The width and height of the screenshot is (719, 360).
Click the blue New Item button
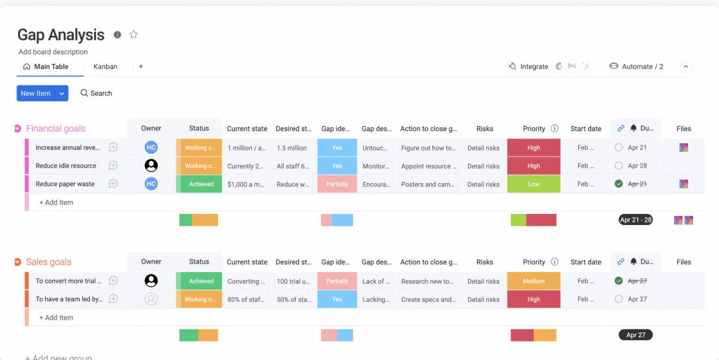click(x=35, y=93)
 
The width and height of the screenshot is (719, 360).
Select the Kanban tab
click(x=105, y=67)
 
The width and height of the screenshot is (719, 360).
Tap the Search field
click(x=97, y=93)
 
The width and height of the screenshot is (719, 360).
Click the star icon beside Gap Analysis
click(x=134, y=35)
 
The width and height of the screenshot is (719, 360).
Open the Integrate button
click(x=528, y=67)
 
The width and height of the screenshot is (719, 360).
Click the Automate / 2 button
click(x=636, y=67)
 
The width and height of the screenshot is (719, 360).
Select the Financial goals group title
click(x=55, y=128)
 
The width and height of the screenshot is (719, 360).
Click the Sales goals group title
click(x=49, y=262)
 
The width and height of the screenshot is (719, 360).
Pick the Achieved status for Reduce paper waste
click(x=201, y=185)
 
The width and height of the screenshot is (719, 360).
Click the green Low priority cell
click(x=534, y=185)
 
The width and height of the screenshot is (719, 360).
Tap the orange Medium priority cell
click(x=534, y=281)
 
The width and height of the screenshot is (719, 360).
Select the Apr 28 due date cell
click(x=637, y=166)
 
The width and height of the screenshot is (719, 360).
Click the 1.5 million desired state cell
click(x=292, y=148)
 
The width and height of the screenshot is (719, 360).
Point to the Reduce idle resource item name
click(x=66, y=166)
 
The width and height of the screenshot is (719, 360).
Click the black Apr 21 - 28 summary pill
click(x=635, y=220)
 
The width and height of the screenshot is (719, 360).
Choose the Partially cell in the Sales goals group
click(x=337, y=281)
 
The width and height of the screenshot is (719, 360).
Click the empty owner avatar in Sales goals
click(x=151, y=299)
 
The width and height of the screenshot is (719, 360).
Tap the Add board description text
click(x=53, y=52)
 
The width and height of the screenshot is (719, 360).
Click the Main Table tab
click(x=50, y=67)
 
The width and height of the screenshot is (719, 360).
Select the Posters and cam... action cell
click(x=427, y=185)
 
